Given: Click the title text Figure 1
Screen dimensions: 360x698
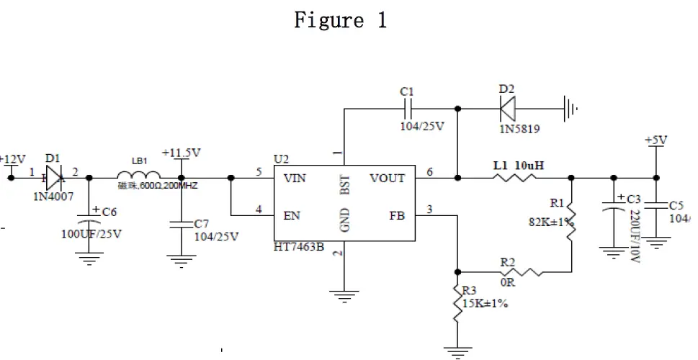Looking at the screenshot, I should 340,20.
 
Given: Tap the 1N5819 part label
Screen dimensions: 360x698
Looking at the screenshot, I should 518,129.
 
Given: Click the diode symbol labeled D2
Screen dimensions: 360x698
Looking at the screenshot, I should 508,109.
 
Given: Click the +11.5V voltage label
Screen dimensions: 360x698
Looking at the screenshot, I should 181,153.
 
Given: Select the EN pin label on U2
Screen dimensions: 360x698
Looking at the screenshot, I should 292,215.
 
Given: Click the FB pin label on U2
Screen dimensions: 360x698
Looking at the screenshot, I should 398,215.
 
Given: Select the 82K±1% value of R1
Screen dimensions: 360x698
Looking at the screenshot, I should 551,222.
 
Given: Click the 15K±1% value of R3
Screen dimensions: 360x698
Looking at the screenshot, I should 485,303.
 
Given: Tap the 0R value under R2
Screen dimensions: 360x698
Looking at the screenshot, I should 508,283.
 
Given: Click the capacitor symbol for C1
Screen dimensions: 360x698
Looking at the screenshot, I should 407,109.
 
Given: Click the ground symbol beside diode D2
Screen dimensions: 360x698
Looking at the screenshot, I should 571,109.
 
